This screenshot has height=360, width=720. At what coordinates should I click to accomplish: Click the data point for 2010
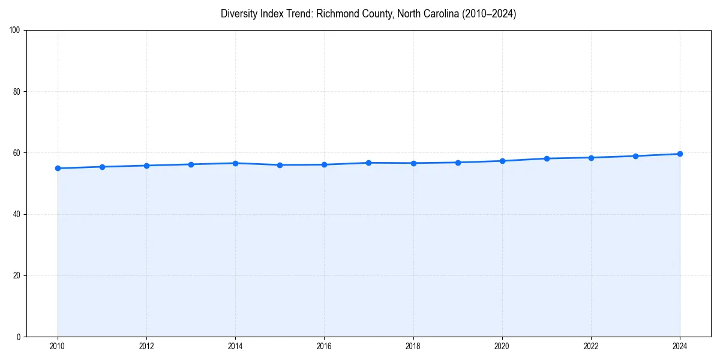click(58, 168)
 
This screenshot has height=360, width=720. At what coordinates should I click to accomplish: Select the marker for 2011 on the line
click(102, 167)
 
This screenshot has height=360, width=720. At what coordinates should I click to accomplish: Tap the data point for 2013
click(191, 164)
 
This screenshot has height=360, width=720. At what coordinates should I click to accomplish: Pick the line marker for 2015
click(280, 165)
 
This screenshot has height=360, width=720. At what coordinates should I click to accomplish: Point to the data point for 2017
click(368, 163)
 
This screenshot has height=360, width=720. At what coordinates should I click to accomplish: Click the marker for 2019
click(458, 163)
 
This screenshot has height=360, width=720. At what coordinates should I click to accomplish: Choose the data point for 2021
click(547, 158)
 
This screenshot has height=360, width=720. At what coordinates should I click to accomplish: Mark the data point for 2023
click(635, 156)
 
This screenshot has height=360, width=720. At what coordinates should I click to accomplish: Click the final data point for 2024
click(680, 154)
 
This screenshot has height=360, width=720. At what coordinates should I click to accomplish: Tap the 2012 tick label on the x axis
click(146, 346)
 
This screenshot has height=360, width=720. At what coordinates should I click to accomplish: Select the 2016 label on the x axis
click(324, 346)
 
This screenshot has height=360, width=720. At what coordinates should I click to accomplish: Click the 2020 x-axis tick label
click(502, 346)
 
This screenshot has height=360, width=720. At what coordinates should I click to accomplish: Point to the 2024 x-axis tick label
click(680, 346)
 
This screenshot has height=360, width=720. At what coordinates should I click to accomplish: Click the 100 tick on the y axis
click(15, 31)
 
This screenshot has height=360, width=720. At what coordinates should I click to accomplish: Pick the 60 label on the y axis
click(17, 153)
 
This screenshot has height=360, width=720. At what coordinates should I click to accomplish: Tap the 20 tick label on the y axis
click(17, 275)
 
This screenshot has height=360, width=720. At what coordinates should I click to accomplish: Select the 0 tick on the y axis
click(19, 337)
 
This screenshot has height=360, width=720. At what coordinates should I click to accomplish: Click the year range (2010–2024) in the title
click(488, 14)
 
